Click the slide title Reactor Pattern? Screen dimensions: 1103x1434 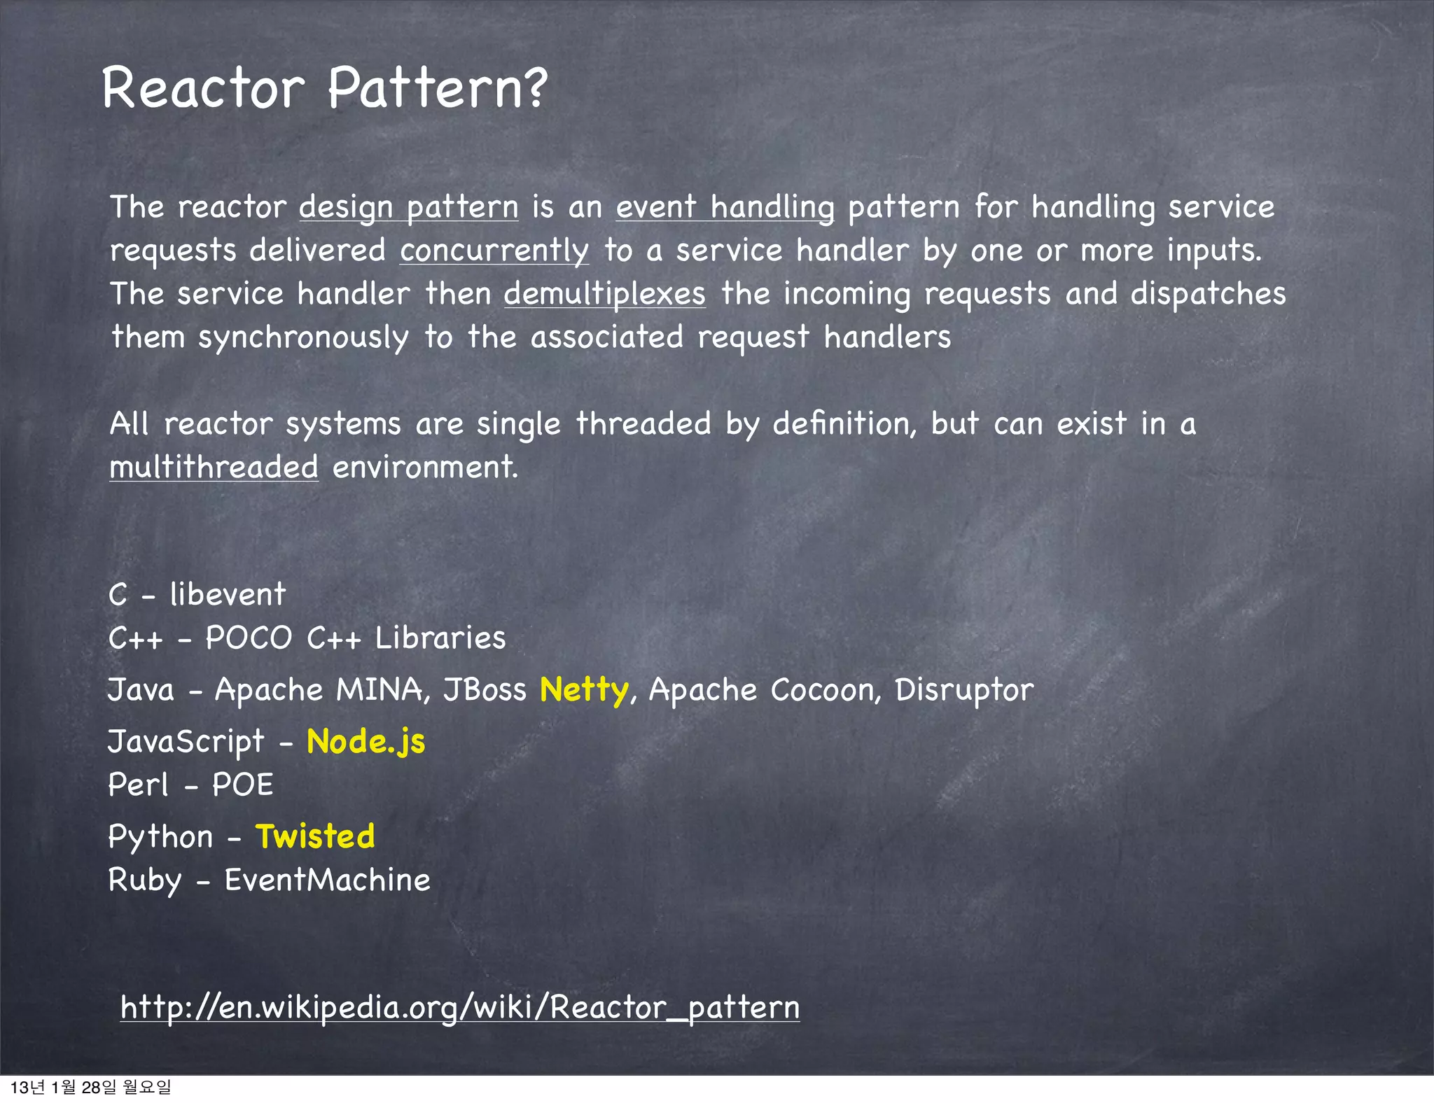coord(324,88)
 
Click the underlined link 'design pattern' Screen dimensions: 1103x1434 coord(409,207)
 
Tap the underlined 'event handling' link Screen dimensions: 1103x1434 coord(725,207)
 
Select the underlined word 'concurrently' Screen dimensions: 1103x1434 coord(494,251)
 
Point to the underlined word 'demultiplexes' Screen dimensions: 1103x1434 coord(604,294)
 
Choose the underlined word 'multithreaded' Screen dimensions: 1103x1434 coord(214,467)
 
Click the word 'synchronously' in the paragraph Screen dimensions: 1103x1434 coord(302,338)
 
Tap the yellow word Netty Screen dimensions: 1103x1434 coord(584,690)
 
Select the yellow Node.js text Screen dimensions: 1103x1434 coord(366,742)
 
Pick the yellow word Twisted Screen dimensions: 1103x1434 coord(315,836)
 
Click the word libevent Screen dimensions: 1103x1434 coord(228,595)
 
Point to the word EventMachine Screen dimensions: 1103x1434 coord(327,880)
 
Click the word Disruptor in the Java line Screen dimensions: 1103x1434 coord(963,690)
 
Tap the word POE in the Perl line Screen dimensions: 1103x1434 coord(242,785)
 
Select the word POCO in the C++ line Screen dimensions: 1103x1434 coord(249,638)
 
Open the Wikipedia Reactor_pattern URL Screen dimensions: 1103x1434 coord(459,1008)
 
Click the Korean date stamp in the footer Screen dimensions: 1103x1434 coord(90,1087)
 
